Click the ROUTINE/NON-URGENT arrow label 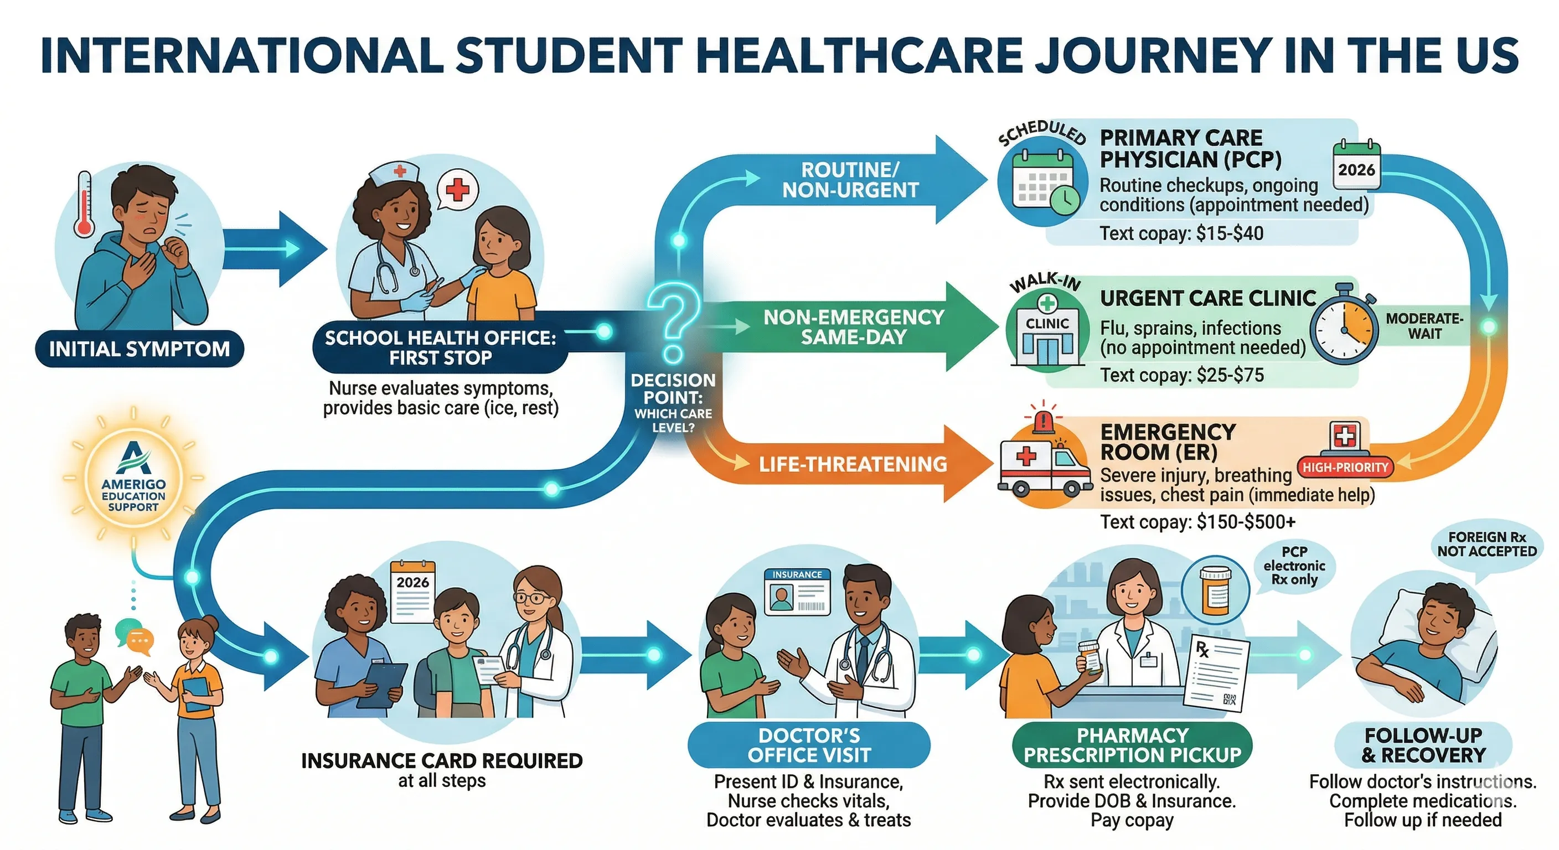[x=850, y=180]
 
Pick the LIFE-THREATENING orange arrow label [x=853, y=464]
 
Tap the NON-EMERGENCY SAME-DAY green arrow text [x=853, y=326]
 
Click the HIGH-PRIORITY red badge [x=1345, y=467]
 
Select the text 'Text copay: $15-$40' [x=1181, y=234]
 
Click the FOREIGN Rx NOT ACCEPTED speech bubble [x=1486, y=544]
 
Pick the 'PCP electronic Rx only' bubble [x=1294, y=566]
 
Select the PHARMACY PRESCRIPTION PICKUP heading [x=1132, y=745]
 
